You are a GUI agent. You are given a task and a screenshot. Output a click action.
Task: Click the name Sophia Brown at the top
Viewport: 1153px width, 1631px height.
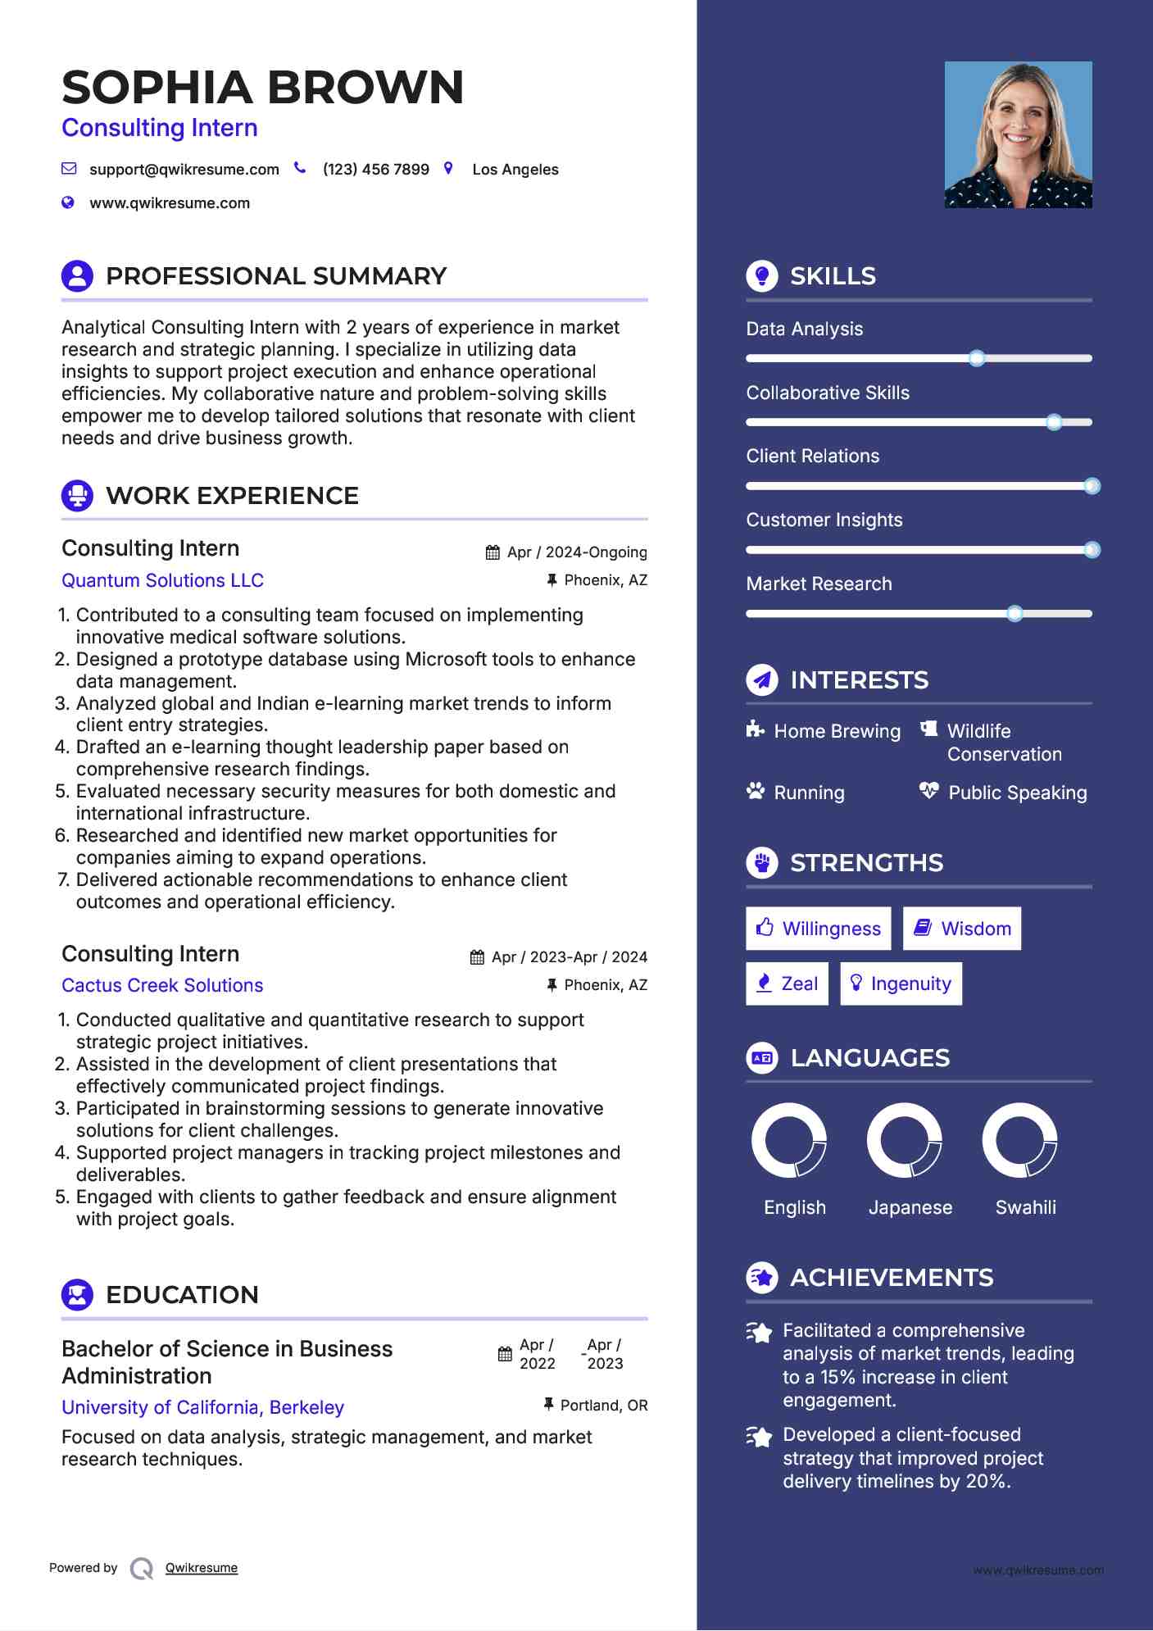262,88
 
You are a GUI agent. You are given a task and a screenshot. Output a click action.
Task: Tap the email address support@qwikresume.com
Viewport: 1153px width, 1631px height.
184,170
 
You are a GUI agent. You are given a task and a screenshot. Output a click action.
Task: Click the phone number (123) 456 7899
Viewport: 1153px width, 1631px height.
375,170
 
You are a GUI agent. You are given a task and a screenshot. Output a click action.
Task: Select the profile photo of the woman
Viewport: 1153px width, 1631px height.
1018,134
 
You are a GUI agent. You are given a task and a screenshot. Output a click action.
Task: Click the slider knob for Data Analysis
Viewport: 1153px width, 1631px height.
976,358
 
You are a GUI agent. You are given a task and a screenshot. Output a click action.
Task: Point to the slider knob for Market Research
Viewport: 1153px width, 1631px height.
1015,613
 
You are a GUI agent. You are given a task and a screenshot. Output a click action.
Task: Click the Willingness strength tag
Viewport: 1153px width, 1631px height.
818,929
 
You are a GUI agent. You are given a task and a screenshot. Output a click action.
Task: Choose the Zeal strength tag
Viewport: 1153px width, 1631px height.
787,984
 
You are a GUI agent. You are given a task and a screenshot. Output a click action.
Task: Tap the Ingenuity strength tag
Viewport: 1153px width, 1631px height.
901,984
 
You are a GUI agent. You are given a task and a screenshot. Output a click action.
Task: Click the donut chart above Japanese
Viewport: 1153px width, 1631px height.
905,1140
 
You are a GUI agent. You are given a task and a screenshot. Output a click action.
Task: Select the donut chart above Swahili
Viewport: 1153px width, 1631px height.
1019,1140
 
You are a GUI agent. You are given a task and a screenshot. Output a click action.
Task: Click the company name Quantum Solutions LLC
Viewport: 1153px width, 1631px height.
162,580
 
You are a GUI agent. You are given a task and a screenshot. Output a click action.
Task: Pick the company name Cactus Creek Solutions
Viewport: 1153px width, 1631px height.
162,985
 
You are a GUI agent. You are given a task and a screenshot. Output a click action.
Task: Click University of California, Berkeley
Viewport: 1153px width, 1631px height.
202,1407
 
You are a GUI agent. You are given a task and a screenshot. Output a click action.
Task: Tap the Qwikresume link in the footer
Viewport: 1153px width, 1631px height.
202,1568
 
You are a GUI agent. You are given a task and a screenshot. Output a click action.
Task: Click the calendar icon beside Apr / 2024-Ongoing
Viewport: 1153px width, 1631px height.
493,552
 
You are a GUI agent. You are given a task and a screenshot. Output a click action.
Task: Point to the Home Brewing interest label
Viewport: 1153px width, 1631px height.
837,731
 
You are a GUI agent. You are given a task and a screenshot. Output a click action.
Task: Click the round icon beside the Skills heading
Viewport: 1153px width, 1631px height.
762,276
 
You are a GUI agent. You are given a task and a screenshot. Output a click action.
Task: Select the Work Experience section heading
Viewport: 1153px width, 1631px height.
232,496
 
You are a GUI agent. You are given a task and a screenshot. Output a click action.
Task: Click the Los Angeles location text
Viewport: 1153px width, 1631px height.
515,170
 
